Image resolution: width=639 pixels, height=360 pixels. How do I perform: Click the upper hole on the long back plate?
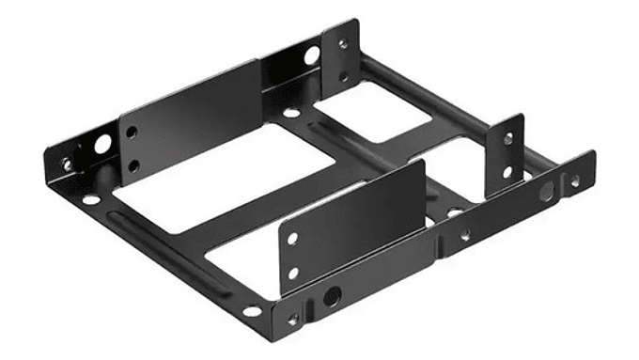coord(132,133)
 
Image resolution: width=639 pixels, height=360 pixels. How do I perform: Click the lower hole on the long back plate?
coord(132,165)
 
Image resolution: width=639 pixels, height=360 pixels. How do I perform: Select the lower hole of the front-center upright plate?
coord(293,273)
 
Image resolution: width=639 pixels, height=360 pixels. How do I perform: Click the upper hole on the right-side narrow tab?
coord(507,138)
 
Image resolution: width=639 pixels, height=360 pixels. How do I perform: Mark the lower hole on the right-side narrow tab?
coord(507,172)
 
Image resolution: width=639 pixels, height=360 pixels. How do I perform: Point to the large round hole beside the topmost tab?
coord(311,55)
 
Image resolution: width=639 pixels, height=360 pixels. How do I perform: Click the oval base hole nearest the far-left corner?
coord(90,199)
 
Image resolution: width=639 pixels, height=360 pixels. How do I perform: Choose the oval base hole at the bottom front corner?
coord(252,310)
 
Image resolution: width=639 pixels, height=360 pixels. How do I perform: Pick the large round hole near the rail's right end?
coord(545,195)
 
